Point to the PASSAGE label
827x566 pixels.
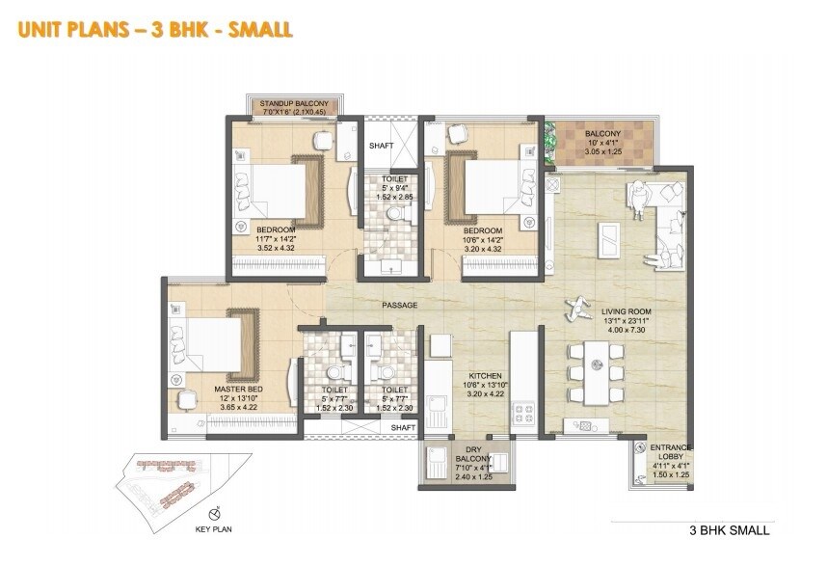(399, 306)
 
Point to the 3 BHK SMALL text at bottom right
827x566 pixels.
(729, 530)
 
